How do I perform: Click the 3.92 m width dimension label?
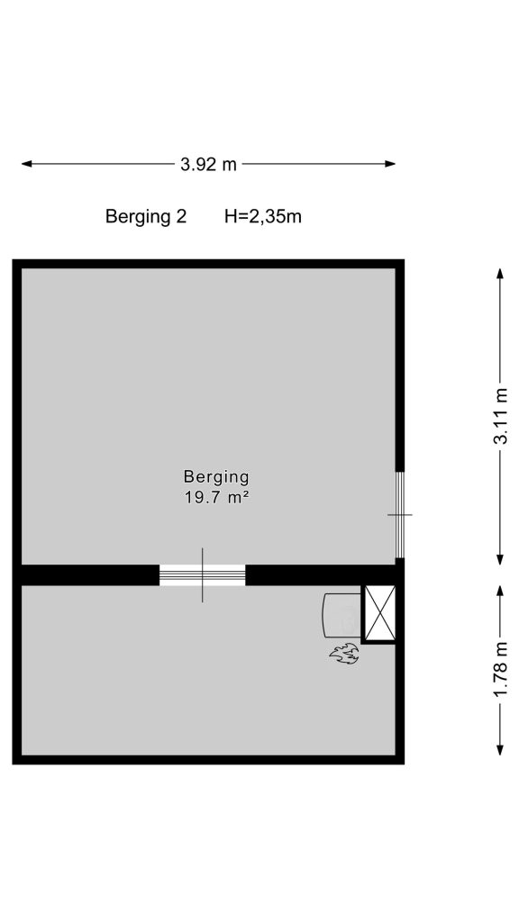coord(208,164)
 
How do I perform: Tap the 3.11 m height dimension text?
coord(500,416)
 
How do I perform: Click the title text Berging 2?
coord(146,217)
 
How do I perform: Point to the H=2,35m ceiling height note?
coord(263,217)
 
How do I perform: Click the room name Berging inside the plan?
coord(216,476)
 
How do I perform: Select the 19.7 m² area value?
coord(216,498)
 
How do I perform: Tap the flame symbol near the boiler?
coord(345,654)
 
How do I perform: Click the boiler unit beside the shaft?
coord(341,614)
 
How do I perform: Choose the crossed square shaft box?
coord(378,613)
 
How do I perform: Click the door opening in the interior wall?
coord(203,575)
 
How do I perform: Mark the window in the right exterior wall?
coord(400,514)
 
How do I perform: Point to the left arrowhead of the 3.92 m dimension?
coord(27,164)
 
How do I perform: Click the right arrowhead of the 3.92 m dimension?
coord(390,164)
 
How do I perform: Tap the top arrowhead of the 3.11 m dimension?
coord(500,274)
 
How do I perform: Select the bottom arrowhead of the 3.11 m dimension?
coord(500,559)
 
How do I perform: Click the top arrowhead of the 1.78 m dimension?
coord(500,591)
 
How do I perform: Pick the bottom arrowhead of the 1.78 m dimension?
coord(500,750)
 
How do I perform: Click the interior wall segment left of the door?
coord(90,575)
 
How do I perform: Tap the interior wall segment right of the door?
coord(321,575)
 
